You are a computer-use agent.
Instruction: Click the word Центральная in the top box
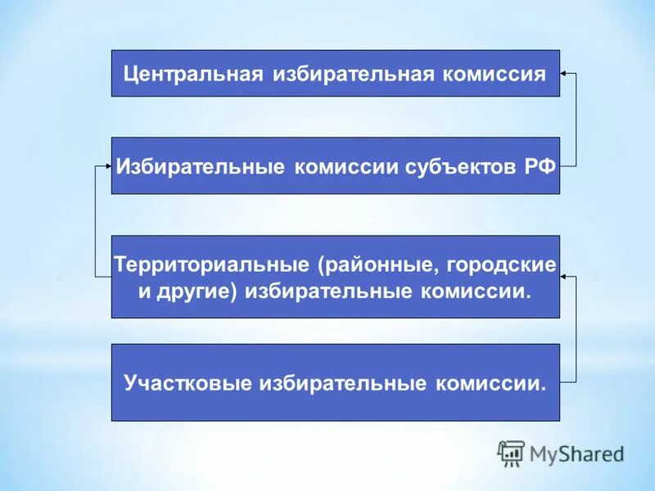192,74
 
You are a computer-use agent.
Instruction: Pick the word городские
509,265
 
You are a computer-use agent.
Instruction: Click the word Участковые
187,383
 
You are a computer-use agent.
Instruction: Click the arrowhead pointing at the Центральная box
565,74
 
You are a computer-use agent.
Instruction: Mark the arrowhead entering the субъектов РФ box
106,165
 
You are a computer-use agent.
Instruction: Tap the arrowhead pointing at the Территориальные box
565,277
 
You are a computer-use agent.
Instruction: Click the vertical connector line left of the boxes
97,221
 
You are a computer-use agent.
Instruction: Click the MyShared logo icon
511,453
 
